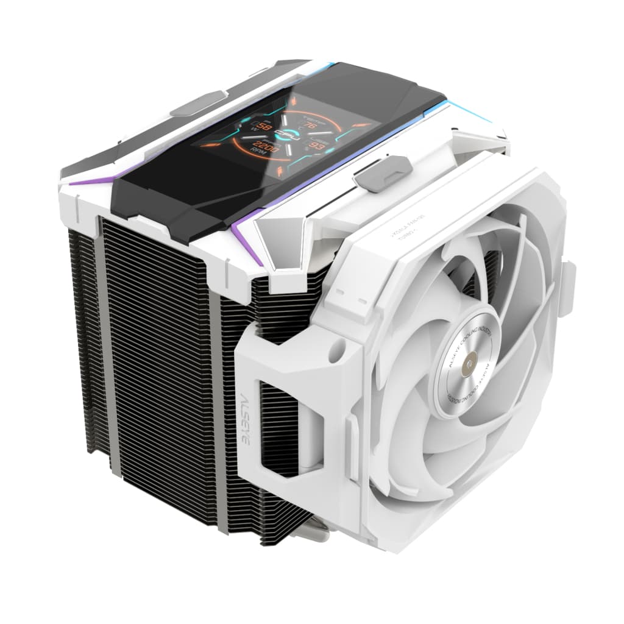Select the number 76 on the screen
click(310, 126)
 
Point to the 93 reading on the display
click(316, 146)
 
